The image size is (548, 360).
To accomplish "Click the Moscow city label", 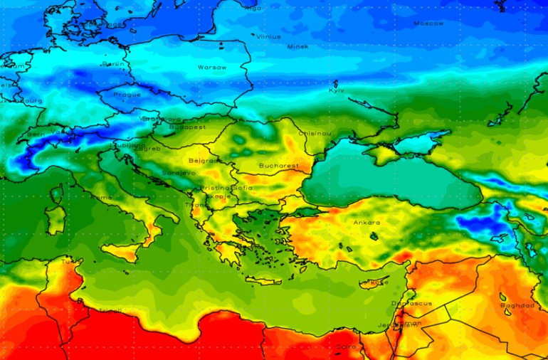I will click(428, 23).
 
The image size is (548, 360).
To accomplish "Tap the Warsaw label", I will click(211, 68).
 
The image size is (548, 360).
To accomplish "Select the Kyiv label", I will click(337, 90).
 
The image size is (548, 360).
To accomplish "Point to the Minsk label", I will click(297, 47).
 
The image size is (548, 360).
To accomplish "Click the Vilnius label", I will click(268, 36).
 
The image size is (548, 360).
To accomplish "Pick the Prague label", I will click(127, 95).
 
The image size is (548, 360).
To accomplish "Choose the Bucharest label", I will click(278, 165).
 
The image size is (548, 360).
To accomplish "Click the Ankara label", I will click(367, 223).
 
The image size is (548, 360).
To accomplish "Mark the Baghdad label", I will click(517, 305).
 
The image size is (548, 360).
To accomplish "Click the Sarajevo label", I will click(178, 173).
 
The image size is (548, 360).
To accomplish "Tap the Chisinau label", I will click(315, 133).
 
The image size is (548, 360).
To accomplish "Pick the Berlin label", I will click(114, 64).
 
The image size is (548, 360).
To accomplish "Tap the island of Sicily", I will click(121, 250).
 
